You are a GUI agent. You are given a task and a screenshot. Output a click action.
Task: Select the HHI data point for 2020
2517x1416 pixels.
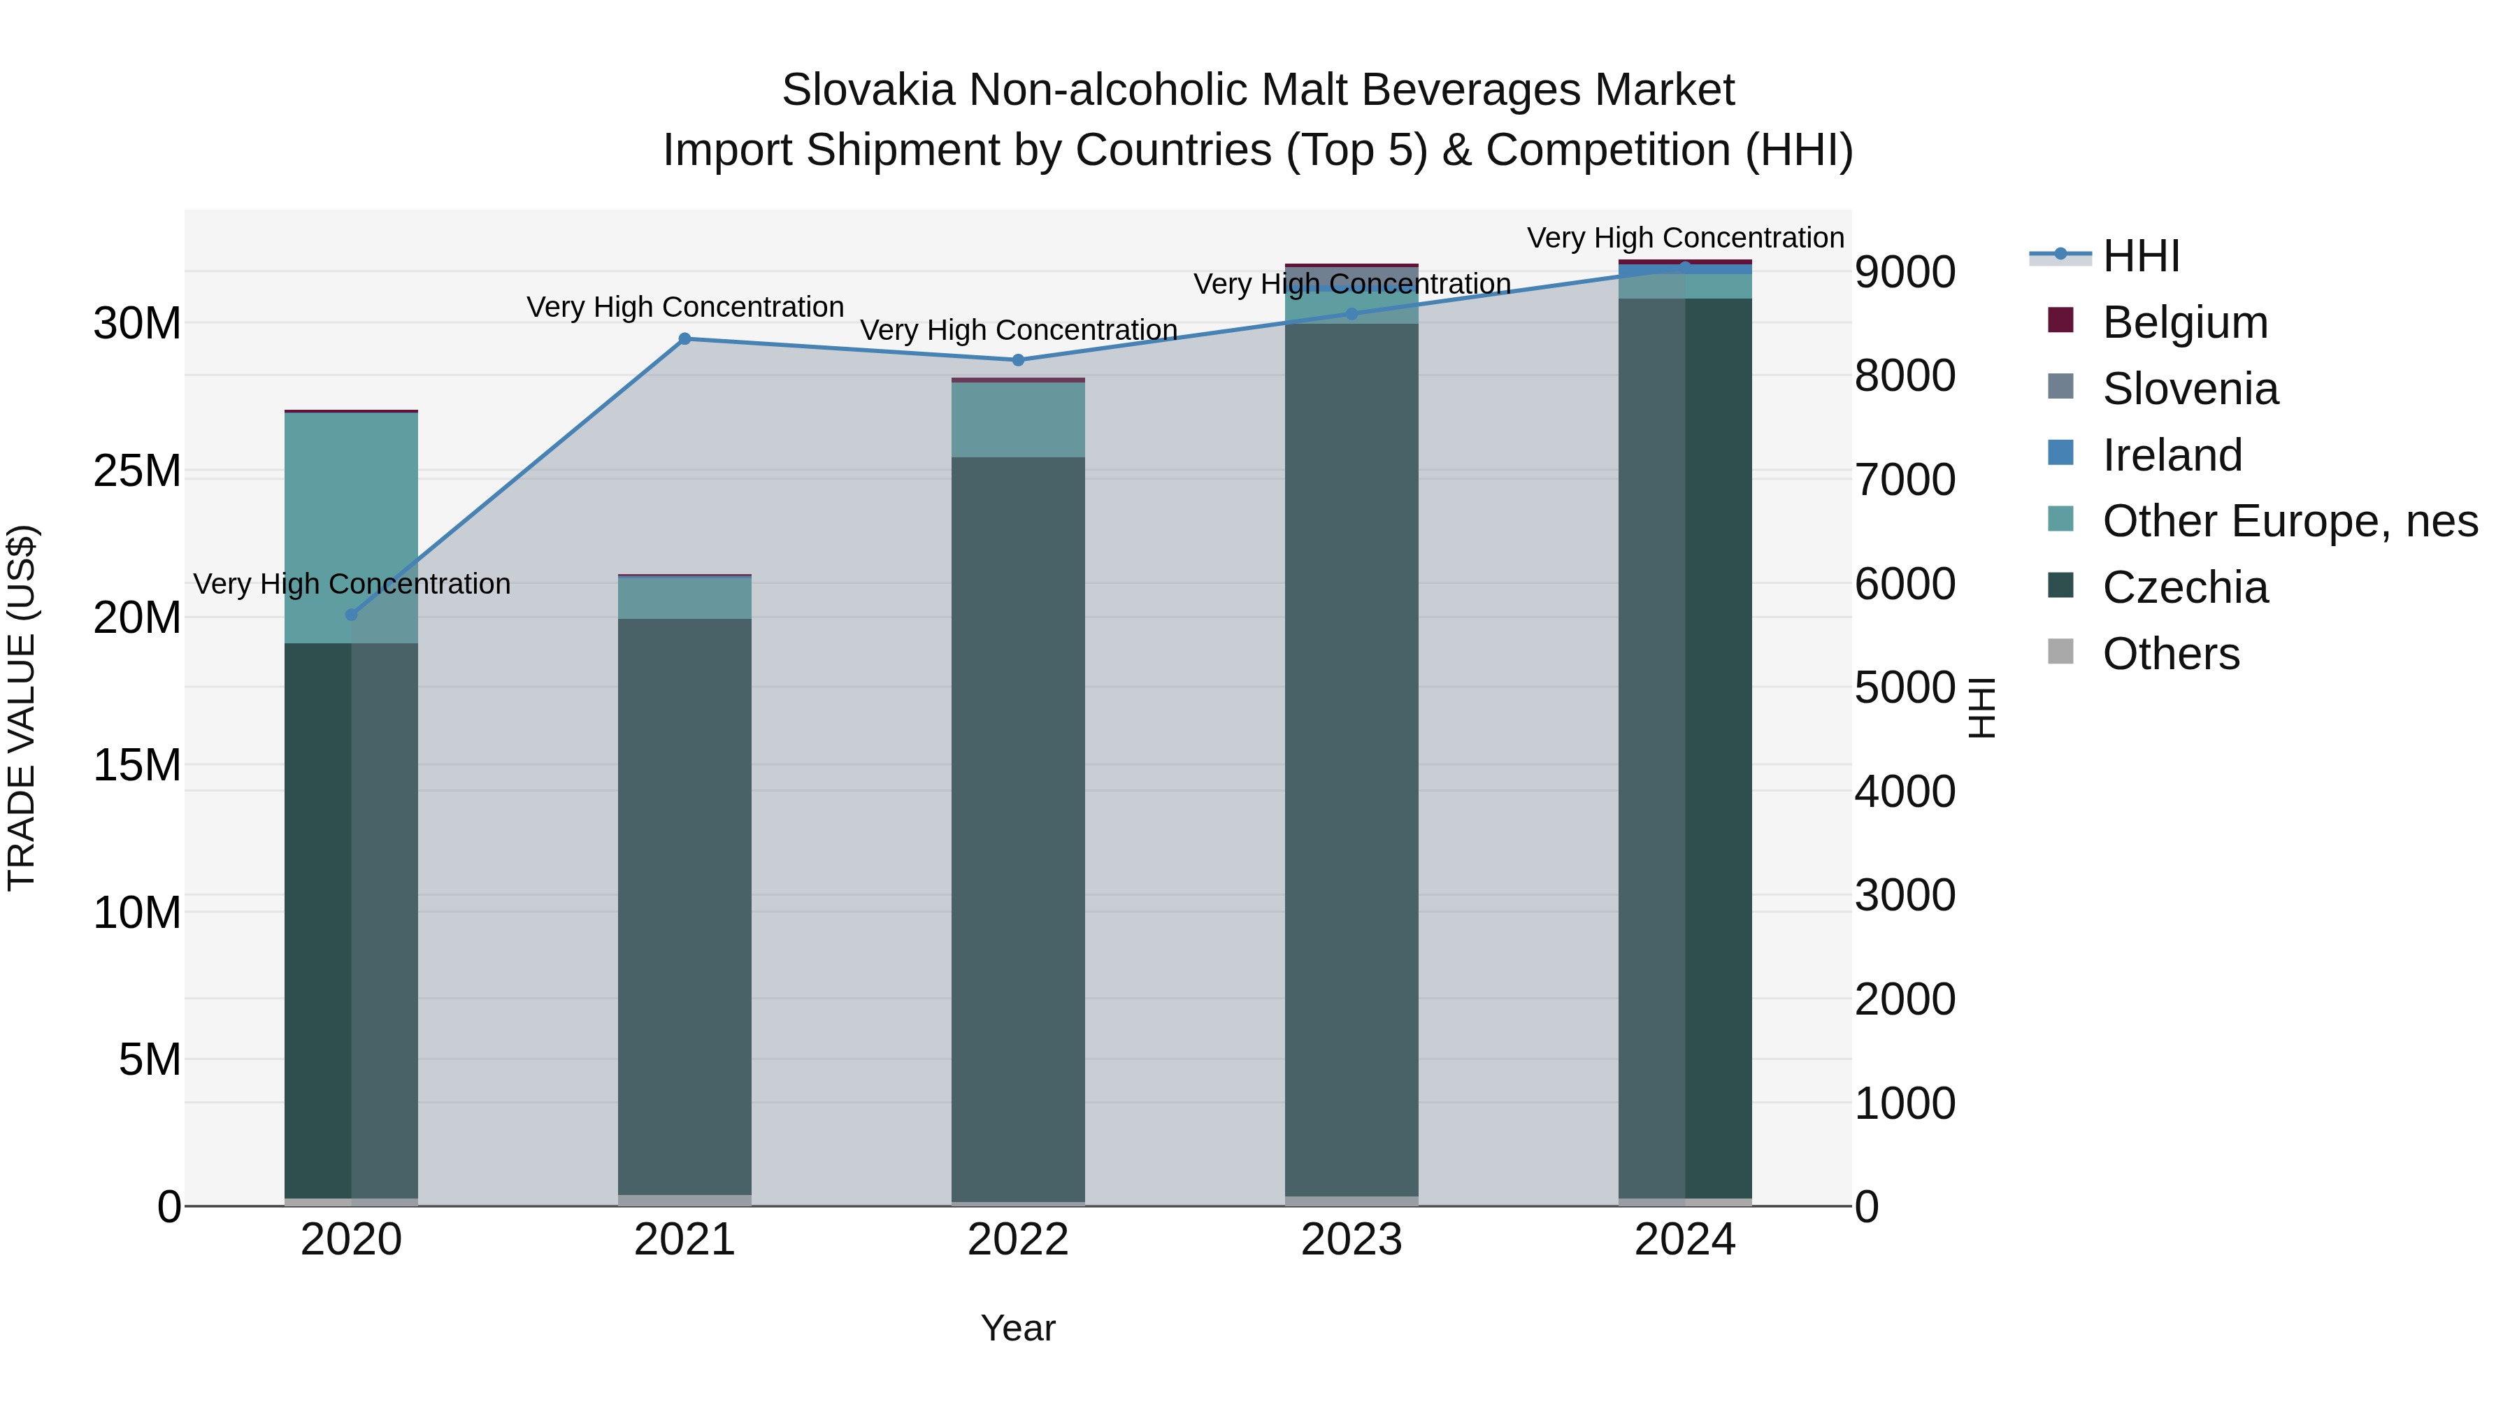point(352,615)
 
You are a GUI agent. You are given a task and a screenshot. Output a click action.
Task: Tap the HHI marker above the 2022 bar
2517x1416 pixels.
point(1018,359)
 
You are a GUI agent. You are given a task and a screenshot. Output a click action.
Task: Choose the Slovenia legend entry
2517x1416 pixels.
point(2190,389)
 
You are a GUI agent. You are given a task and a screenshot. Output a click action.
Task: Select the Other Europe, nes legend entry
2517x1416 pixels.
point(2289,521)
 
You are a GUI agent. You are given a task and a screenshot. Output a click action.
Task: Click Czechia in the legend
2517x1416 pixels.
point(2185,587)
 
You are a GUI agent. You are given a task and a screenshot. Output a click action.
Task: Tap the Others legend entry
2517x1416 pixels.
point(2170,654)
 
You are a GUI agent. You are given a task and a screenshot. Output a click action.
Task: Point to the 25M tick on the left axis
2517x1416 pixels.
point(137,471)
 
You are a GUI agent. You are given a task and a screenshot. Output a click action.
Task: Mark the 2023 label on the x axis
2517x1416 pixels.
point(1351,1240)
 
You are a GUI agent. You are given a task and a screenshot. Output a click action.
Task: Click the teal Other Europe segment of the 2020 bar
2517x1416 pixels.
point(352,528)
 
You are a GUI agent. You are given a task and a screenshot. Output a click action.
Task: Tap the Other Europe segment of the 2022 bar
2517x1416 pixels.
point(1018,420)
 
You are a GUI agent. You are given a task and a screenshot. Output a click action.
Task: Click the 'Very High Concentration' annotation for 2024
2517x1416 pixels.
point(1686,238)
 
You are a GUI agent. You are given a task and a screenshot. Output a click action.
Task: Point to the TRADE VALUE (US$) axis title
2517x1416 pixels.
point(22,708)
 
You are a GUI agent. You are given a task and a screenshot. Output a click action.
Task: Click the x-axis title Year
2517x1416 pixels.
point(1018,1328)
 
